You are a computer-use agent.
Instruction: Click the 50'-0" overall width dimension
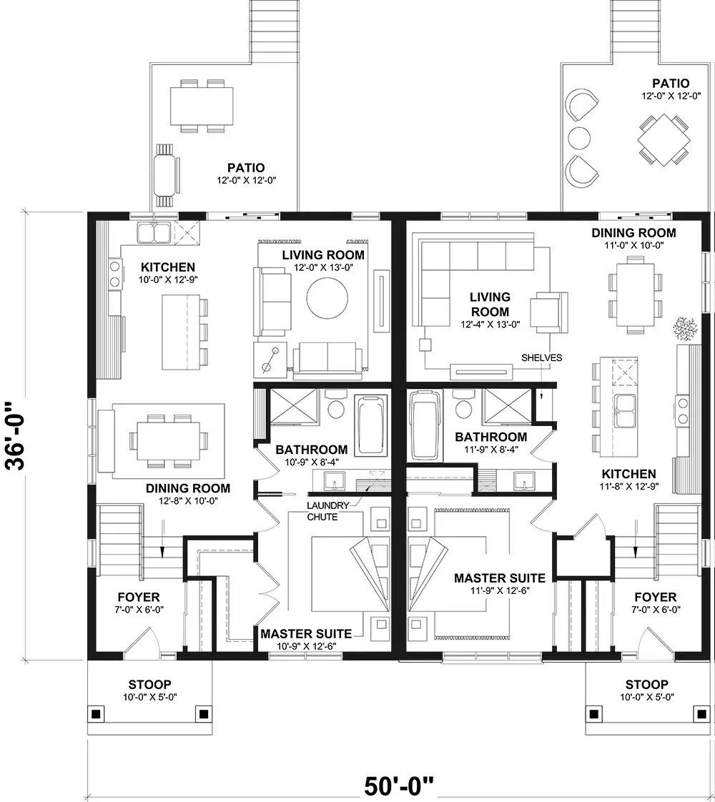pos(399,785)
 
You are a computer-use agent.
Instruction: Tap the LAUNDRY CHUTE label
pos(327,511)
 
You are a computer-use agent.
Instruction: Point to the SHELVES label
pos(542,358)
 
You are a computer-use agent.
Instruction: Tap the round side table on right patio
pos(579,137)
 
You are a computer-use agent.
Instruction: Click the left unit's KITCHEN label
pos(168,267)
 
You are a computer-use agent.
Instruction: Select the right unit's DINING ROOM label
pos(633,233)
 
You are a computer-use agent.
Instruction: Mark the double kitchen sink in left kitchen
pos(154,232)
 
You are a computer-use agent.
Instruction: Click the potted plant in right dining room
pos(686,328)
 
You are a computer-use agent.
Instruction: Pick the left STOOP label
pos(149,684)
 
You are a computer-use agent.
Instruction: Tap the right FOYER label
pos(655,597)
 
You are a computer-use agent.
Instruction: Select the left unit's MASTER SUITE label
pos(306,634)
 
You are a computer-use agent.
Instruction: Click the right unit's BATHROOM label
pos(490,437)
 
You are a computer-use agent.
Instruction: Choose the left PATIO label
pos(246,168)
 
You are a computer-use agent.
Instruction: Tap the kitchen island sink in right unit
pos(626,412)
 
